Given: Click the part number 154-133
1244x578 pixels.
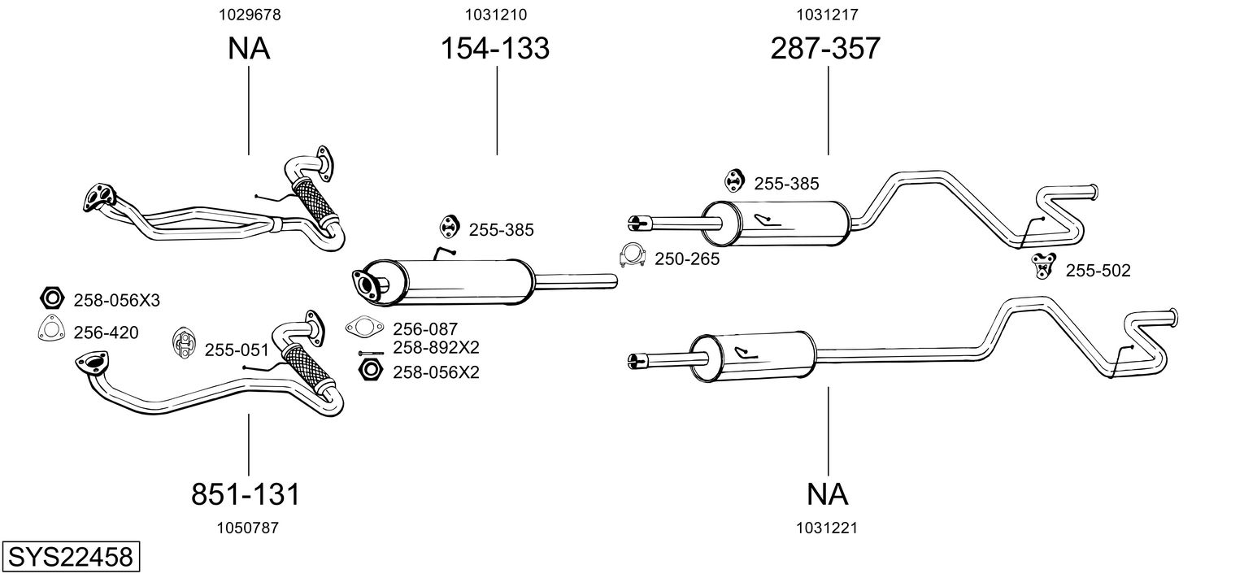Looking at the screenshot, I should point(495,49).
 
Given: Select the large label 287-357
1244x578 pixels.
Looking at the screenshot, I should point(824,49).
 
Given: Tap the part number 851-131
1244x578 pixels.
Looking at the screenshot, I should point(246,493).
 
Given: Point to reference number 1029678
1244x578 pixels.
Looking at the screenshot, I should point(247,14).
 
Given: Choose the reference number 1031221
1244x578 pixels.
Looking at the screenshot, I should point(828,528).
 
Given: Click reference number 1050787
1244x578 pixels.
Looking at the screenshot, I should point(247,528).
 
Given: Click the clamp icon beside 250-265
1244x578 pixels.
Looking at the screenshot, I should point(632,255).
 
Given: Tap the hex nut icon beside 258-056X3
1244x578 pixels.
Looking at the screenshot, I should point(51,298).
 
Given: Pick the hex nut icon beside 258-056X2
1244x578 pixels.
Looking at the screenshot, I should point(370,372).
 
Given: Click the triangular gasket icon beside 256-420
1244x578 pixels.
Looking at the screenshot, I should point(51,328).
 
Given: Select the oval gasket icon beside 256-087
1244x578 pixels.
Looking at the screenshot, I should point(364,328).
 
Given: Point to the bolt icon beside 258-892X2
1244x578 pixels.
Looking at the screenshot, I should point(370,352).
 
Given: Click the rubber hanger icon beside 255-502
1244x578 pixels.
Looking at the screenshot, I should point(1042,264).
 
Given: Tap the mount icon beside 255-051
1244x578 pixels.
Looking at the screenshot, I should point(184,344).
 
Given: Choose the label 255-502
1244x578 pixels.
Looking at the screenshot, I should point(1098,271).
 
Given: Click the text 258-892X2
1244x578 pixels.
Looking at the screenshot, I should point(436,348).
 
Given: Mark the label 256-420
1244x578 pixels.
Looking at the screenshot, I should point(106,332).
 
